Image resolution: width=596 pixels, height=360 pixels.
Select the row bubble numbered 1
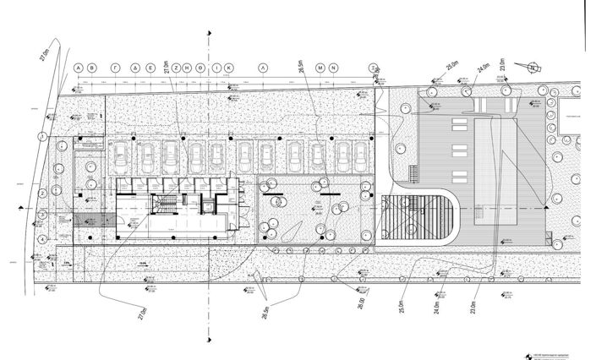point(41,136)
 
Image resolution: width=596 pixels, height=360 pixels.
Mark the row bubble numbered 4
point(41,239)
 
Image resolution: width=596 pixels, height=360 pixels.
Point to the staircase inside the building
point(162,203)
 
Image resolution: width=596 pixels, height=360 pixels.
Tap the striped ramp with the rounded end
point(418,217)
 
